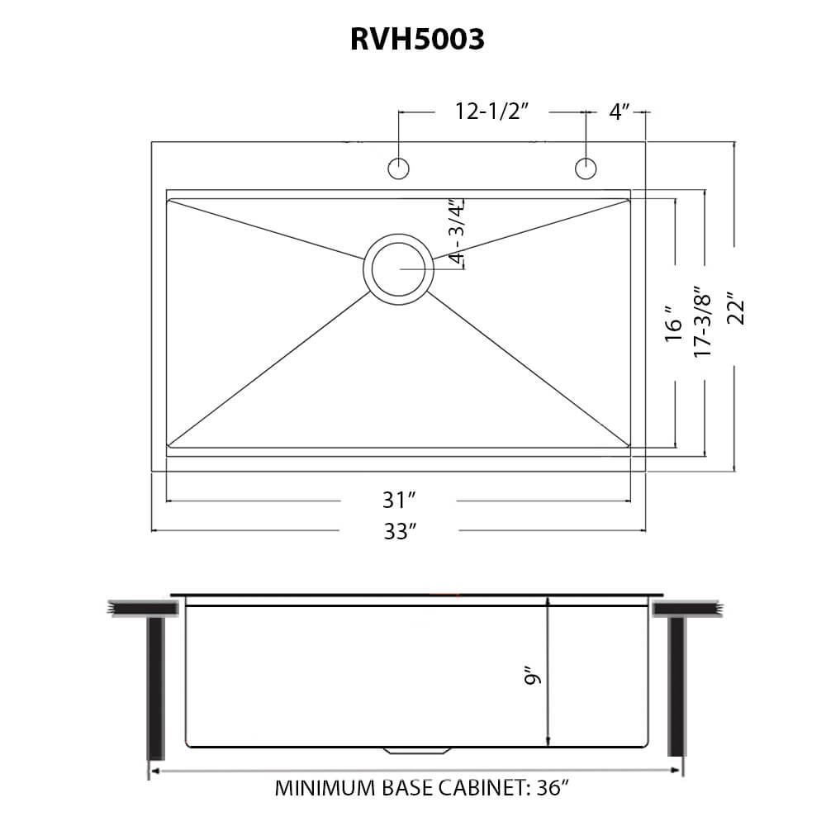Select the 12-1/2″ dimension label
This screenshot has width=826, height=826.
[x=491, y=112]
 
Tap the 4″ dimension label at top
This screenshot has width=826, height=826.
[x=619, y=112]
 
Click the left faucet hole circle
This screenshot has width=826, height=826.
[x=399, y=168]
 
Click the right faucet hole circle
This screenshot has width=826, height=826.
[x=586, y=168]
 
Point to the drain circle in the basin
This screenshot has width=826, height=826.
[x=399, y=269]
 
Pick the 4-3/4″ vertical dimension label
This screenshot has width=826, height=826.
[x=457, y=231]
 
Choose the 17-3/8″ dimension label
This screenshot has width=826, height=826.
[x=703, y=322]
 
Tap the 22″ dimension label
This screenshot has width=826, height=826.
[x=736, y=309]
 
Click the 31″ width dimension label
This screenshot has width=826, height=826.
[x=397, y=501]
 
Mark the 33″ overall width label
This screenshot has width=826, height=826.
[x=397, y=531]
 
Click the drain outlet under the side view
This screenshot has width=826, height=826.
[x=418, y=751]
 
